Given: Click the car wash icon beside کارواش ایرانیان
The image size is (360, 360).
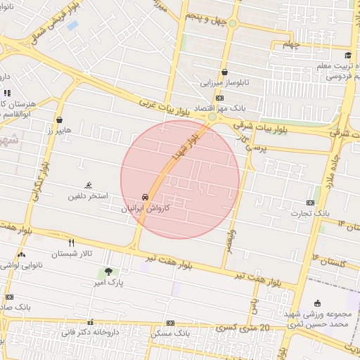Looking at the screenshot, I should tap(145, 197).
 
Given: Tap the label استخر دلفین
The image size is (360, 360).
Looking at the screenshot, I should tap(87, 195).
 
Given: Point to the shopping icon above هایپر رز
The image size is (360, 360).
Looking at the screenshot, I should tap(59, 120).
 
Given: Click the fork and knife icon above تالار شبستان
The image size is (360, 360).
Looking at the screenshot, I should tap(70, 242).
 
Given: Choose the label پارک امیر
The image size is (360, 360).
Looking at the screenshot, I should tap(108, 282).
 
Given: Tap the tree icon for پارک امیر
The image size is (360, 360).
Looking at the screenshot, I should tap(108, 271).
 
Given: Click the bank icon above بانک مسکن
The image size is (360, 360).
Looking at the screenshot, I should tap(170, 323).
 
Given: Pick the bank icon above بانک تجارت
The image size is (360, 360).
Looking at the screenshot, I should tap(311, 202).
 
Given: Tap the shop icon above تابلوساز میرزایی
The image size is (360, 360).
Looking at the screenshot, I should tap(224, 72).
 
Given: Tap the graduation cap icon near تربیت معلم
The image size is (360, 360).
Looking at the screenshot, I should tap(347, 56).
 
